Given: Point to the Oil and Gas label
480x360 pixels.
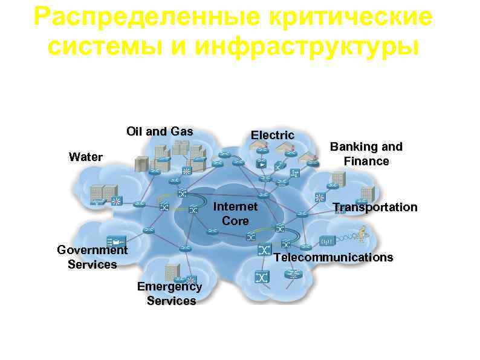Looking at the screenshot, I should pos(160,131).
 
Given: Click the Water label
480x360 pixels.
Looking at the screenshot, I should pos(86,157).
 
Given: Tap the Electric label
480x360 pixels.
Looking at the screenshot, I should pos(273,135).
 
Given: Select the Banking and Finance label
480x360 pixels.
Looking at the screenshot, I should pos(366,154).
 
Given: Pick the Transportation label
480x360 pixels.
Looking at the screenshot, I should pos(375,207).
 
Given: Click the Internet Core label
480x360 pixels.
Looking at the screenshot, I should pos(235,214).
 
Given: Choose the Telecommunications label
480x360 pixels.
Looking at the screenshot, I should pos(333,257).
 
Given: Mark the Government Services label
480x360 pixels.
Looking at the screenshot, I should pos(92,257).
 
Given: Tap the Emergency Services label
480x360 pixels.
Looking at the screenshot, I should pos(170,293).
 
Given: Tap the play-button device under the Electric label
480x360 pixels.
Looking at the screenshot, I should pos(262,164).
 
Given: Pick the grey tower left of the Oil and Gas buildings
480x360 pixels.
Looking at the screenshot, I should pos(141,164).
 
